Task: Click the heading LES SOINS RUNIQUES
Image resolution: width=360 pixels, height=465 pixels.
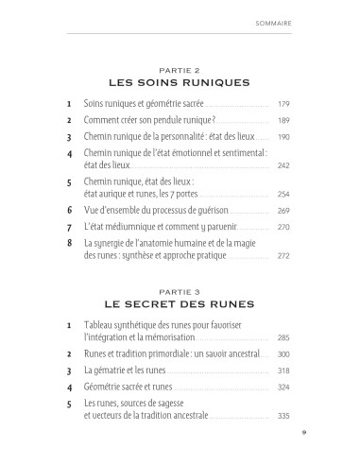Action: click(x=180, y=82)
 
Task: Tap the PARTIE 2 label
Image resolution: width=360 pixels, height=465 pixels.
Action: click(x=180, y=69)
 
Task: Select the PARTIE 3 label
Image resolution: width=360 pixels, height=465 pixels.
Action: click(x=180, y=307)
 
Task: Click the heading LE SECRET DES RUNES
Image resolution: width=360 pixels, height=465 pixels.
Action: click(x=180, y=320)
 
